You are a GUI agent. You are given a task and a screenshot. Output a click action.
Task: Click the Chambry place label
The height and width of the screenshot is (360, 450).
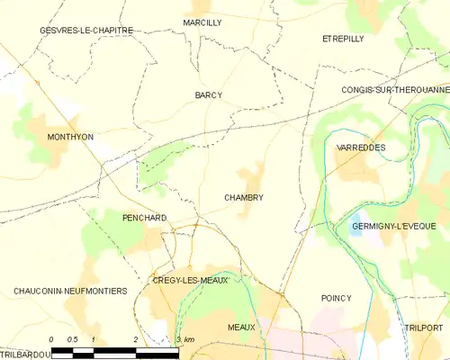pos(244,197)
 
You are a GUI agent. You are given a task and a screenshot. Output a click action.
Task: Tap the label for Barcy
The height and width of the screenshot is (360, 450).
pos(208,94)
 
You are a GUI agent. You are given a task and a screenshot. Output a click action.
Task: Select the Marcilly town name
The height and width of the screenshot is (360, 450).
pos(202,22)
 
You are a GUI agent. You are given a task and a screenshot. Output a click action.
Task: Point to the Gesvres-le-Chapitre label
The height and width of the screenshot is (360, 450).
pos(86,31)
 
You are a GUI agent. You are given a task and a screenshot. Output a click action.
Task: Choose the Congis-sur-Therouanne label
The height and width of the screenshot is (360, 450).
pos(395,90)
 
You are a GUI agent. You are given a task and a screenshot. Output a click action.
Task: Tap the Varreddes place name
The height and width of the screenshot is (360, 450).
pos(360,146)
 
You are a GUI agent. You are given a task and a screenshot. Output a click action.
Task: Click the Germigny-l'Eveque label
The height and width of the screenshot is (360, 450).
pos(393,225)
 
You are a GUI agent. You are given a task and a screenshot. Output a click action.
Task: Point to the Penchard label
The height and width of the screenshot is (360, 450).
pos(144,218)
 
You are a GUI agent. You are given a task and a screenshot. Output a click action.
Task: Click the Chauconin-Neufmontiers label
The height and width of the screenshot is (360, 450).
pos(70,291)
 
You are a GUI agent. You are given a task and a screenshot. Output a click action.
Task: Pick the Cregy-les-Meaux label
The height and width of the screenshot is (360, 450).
pos(191,280)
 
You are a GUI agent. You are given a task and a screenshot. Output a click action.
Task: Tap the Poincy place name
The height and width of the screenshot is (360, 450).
pos(336,298)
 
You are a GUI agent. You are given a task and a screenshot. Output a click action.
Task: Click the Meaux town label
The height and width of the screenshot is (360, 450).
pos(241,328)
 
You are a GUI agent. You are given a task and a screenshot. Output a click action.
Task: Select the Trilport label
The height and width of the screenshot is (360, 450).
pos(424,328)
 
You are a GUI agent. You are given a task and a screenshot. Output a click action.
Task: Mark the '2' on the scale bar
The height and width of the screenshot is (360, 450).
pos(135,339)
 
